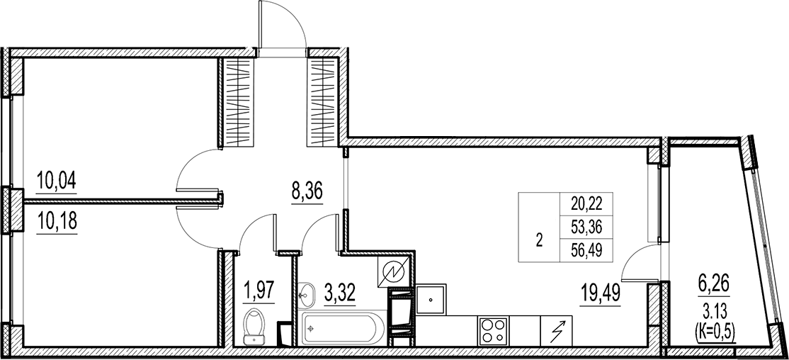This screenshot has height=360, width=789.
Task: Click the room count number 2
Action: pos(540,240)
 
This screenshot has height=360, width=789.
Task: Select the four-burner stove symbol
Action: pos(493,330)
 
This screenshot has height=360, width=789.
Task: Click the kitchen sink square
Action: pos(430,300)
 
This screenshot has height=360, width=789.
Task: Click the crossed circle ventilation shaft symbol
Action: pos(393,272)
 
